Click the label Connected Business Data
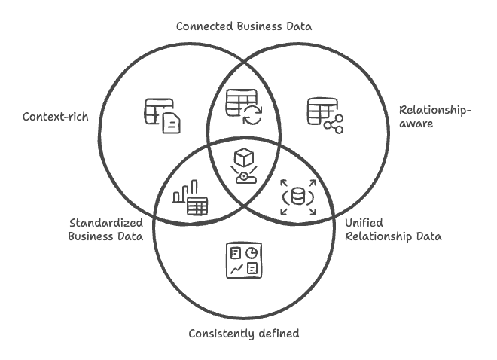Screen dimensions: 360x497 pos(243,26)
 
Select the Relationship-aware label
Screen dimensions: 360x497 pos(434,117)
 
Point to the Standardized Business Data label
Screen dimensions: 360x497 pos(106,230)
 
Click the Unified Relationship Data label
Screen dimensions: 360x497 pos(392,230)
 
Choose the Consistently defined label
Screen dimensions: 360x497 pos(243,333)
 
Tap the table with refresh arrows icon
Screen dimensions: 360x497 pos(243,108)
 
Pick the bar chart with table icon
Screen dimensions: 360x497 pos(191,197)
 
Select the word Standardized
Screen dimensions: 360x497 pos(105,223)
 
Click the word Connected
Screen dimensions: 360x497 pos(204,26)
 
